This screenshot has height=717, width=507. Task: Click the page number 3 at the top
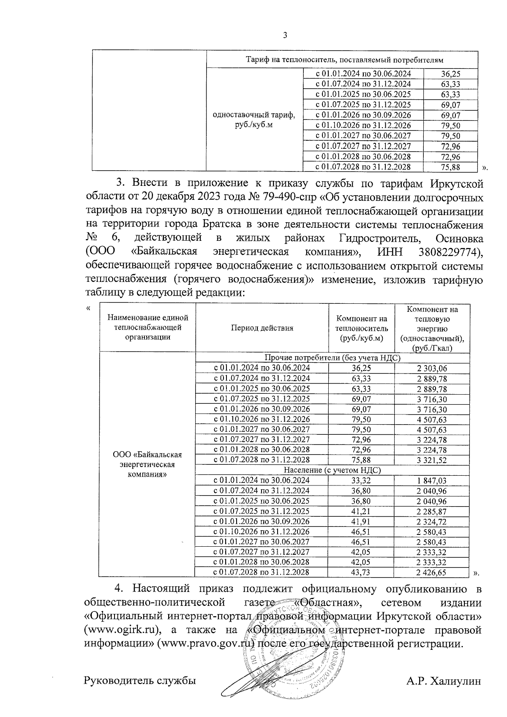[284, 35]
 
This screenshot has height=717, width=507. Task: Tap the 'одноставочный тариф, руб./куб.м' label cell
[254, 120]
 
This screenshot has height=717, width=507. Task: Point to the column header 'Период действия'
[262, 328]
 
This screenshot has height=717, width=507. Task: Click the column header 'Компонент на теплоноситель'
[361, 328]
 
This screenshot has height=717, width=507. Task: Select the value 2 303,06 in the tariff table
[432, 368]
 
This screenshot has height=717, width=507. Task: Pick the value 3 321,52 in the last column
[432, 460]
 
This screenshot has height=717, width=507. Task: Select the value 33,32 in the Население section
[361, 480]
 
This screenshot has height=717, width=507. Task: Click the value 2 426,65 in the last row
[432, 573]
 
